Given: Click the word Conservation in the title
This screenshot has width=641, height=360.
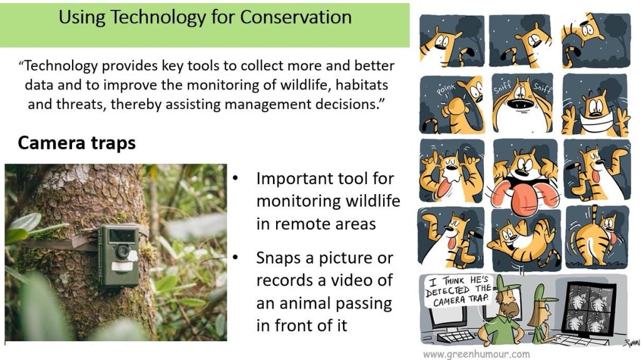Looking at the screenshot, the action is pos(296,17).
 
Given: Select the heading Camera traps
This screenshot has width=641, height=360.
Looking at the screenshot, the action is pos(76,143).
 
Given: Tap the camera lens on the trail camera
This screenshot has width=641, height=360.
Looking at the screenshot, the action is pos(122,251).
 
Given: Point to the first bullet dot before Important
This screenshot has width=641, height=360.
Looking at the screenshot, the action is pos(235,178).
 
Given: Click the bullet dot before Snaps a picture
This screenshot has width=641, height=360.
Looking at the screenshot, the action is pos(235,257).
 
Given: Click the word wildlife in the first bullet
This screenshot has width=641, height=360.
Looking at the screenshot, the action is pos(372,201).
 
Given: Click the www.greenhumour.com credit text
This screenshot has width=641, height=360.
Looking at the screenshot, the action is pos(476,354).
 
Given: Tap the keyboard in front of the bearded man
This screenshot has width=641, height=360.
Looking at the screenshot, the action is pos(455,337).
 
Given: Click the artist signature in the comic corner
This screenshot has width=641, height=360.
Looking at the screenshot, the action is pos(630,343).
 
